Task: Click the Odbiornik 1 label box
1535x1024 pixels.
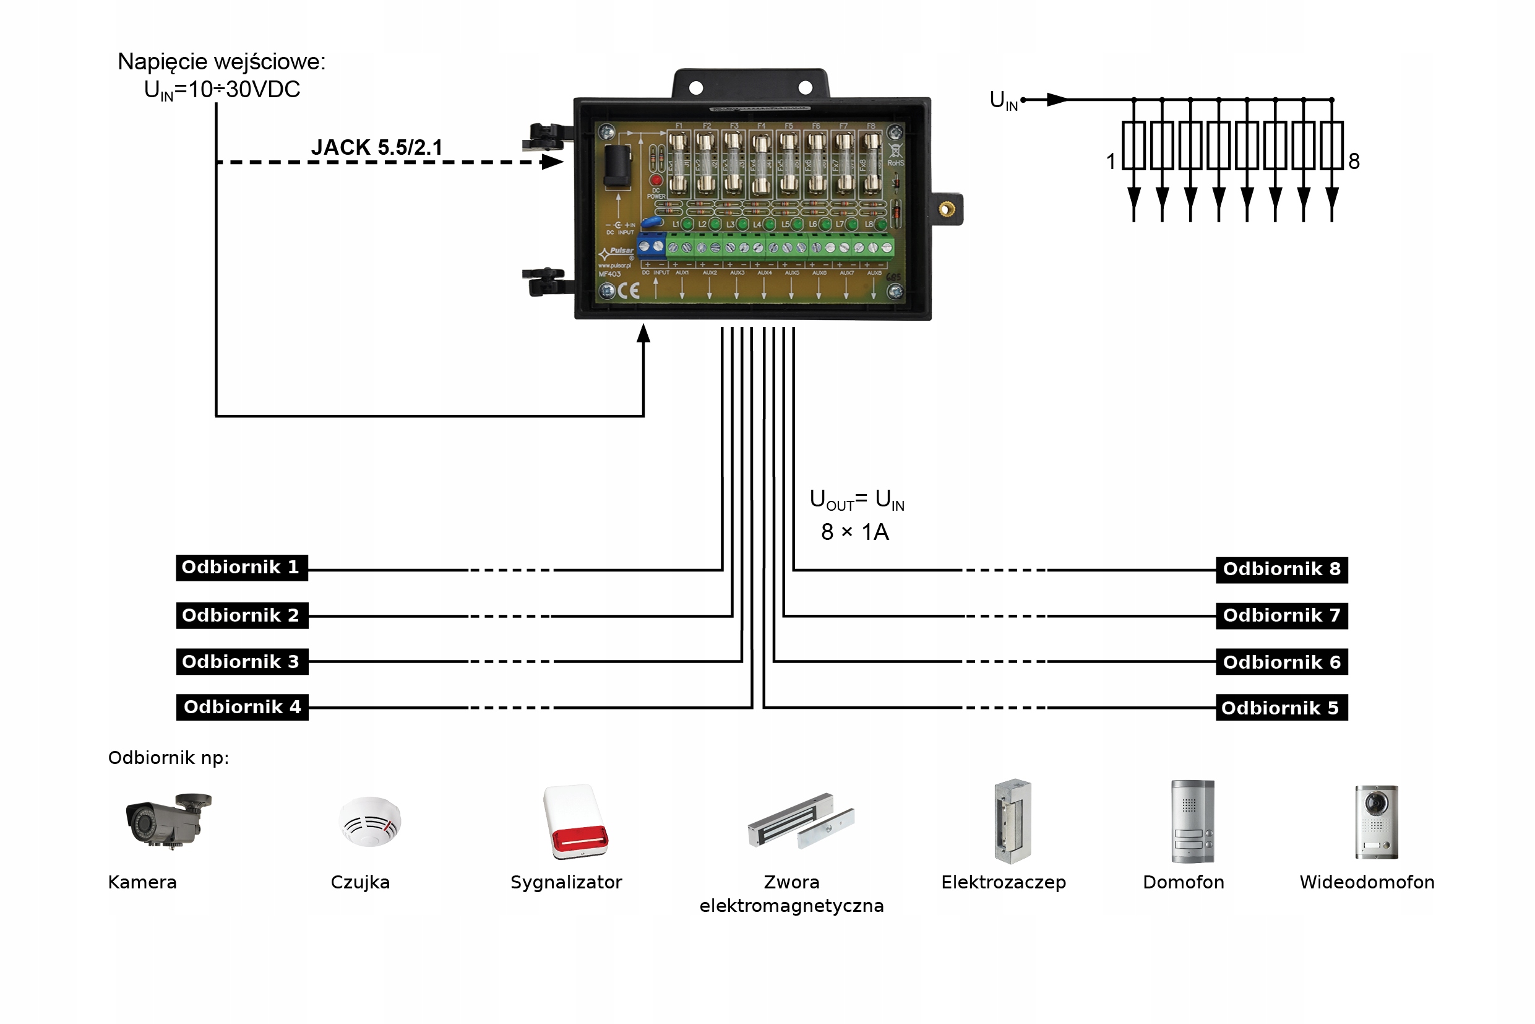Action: pos(241,568)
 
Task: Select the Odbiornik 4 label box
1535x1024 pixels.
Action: pos(241,707)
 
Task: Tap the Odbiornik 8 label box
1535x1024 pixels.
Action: pos(1281,570)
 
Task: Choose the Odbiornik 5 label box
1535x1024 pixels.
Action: pos(1281,708)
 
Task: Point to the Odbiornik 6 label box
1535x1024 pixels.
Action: pos(1281,662)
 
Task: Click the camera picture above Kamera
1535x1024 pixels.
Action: pos(168,820)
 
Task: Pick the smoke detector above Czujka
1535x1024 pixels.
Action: pos(370,821)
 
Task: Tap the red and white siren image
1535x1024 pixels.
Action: pos(575,822)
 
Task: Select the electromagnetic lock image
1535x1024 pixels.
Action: pos(801,821)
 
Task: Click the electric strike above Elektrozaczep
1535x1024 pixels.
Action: pos(1012,822)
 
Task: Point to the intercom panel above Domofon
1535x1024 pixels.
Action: pos(1192,822)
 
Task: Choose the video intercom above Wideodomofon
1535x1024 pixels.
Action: pos(1377,822)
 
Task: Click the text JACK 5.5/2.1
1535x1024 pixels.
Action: pos(377,147)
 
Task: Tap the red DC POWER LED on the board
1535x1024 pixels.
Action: pos(656,180)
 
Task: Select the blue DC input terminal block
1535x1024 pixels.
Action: pos(651,246)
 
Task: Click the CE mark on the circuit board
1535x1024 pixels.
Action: pos(628,291)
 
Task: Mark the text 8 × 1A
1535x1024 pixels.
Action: pos(854,532)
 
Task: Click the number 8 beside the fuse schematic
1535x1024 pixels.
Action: pos(1354,162)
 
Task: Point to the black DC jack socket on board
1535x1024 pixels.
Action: pos(617,167)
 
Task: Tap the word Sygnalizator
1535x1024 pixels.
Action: pos(566,882)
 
